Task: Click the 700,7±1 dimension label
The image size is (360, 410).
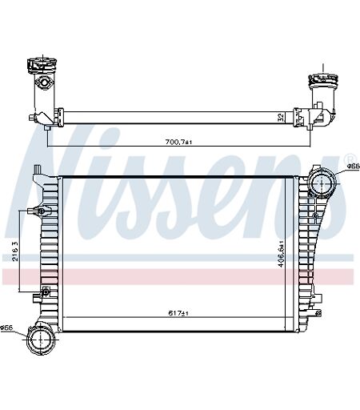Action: [178, 142]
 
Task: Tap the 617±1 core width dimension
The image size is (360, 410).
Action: [178, 313]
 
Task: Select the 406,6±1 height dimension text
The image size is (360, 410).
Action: [281, 254]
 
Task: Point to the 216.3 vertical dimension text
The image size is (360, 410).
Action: [15, 251]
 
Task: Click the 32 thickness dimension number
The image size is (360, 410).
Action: [281, 118]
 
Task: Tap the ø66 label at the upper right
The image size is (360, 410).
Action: [354, 167]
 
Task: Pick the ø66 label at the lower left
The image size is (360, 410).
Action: [6, 328]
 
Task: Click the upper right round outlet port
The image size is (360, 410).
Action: [322, 183]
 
